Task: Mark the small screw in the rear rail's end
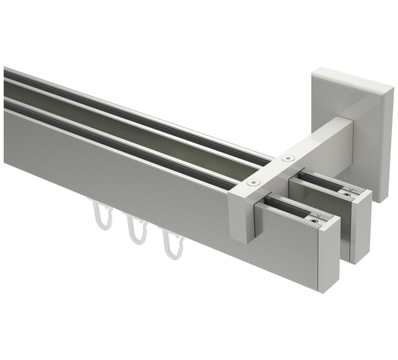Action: pyautogui.click(x=346, y=193)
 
